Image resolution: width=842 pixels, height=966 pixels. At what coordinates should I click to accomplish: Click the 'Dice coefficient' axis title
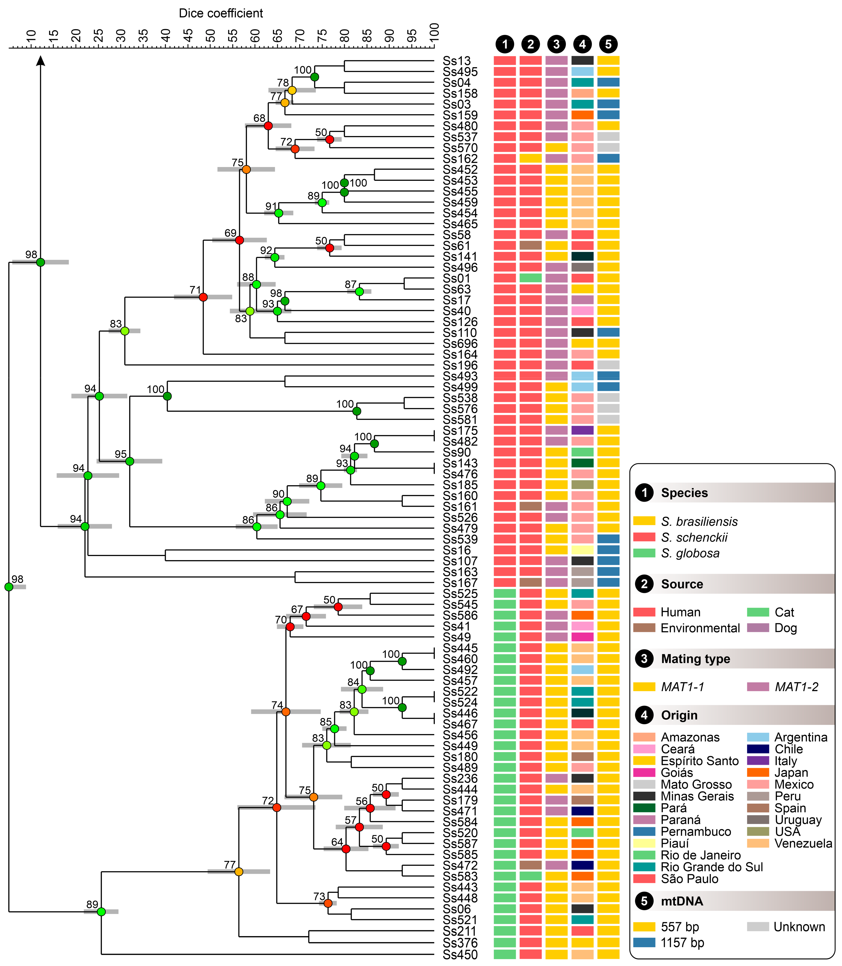tap(221, 13)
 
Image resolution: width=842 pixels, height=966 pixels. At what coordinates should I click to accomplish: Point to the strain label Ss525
tap(460, 594)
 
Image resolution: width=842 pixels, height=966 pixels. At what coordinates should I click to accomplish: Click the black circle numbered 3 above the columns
tap(556, 44)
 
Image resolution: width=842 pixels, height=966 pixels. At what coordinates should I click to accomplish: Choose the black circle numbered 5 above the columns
tap(608, 44)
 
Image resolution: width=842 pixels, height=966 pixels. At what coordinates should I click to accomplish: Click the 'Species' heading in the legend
tap(684, 493)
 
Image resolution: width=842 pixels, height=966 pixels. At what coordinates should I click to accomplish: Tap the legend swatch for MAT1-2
tap(758, 687)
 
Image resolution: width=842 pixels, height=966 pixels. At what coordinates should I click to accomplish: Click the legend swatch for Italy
tap(758, 761)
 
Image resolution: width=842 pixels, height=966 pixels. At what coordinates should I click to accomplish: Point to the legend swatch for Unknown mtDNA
tap(758, 926)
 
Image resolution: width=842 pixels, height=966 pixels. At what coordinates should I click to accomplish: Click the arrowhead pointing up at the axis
tap(40, 60)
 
